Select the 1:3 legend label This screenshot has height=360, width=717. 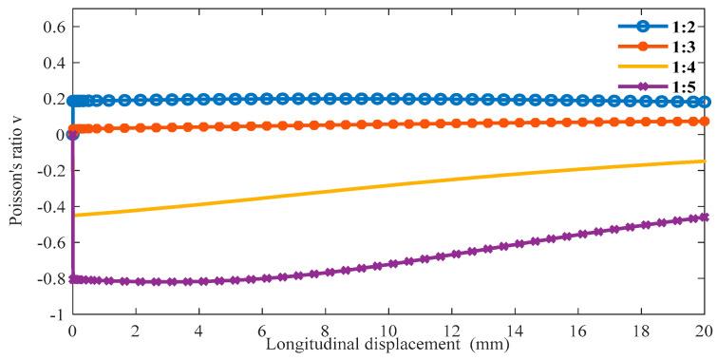[x=684, y=45]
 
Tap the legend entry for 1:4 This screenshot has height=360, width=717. [x=684, y=66]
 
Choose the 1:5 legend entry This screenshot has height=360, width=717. [x=684, y=88]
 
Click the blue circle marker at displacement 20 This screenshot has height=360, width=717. [x=704, y=102]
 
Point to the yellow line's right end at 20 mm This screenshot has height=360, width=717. [x=704, y=161]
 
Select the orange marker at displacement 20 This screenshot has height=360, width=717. [x=704, y=122]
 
